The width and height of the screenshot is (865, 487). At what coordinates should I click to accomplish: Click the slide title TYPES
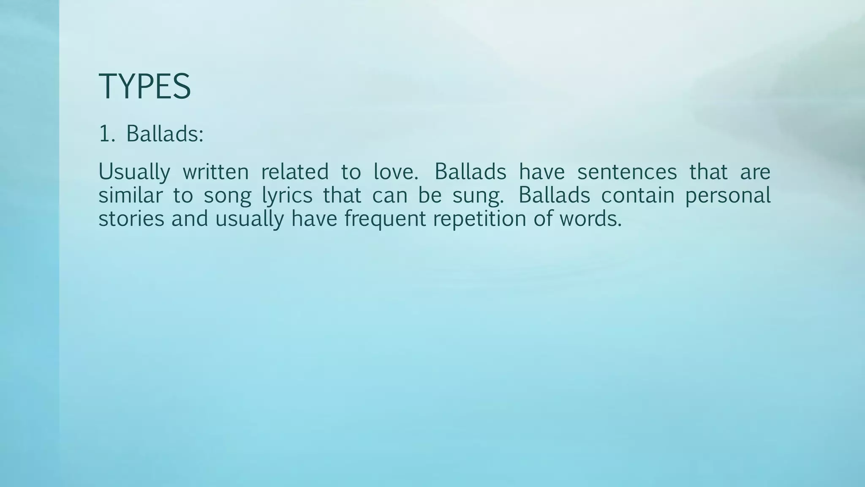pyautogui.click(x=144, y=87)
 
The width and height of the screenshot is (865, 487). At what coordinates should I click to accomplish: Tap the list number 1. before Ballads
pyautogui.click(x=106, y=134)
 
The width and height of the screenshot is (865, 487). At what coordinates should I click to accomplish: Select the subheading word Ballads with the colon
pyautogui.click(x=165, y=134)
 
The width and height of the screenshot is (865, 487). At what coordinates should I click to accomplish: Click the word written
pyautogui.click(x=215, y=172)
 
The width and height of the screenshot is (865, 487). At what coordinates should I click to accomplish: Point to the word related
pyautogui.click(x=294, y=172)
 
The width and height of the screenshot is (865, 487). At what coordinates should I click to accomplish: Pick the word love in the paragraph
pyautogui.click(x=395, y=172)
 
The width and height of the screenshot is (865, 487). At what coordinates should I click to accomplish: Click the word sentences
pyautogui.click(x=627, y=172)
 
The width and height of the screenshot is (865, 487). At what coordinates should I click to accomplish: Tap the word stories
pyautogui.click(x=131, y=219)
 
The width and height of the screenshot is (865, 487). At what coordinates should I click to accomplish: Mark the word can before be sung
pyautogui.click(x=389, y=195)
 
